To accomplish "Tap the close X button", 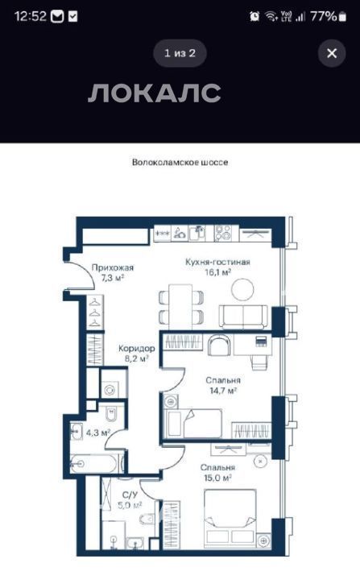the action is pyautogui.click(x=332, y=53).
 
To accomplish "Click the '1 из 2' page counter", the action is pyautogui.click(x=180, y=53).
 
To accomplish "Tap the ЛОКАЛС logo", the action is pyautogui.click(x=155, y=93).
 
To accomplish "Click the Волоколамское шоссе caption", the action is pyautogui.click(x=180, y=163).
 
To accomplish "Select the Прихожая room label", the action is pyautogui.click(x=113, y=267).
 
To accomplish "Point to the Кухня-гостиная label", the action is pyautogui.click(x=217, y=262).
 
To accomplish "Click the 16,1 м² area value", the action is pyautogui.click(x=217, y=272).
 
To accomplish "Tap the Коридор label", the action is pyautogui.click(x=136, y=349).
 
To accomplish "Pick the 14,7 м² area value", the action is pyautogui.click(x=223, y=391).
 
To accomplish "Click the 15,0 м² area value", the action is pyautogui.click(x=217, y=478).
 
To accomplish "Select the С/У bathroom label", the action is pyautogui.click(x=130, y=495).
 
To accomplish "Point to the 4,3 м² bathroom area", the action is pyautogui.click(x=98, y=433).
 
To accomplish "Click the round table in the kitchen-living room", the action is pyautogui.click(x=242, y=289).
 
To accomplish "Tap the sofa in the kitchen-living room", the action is pyautogui.click(x=243, y=317).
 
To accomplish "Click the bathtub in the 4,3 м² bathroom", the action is pyautogui.click(x=97, y=464).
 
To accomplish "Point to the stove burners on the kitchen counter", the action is pyautogui.click(x=222, y=233).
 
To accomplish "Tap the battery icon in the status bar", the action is pyautogui.click(x=342, y=16).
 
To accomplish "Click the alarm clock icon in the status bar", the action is pyautogui.click(x=254, y=16).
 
